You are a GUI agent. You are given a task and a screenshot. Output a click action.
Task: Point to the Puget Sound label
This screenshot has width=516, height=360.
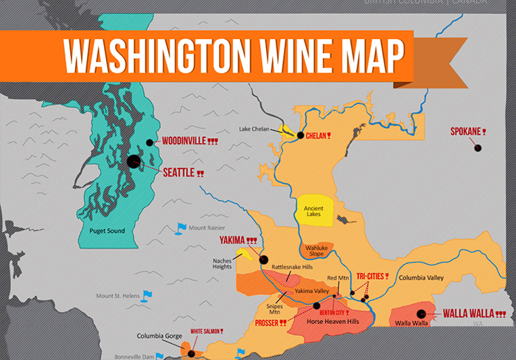coord(102,231)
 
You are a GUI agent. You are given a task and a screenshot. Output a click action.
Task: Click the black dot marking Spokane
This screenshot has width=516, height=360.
coord(477,148)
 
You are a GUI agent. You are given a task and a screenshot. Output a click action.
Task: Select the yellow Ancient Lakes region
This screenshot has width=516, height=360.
coord(315,211)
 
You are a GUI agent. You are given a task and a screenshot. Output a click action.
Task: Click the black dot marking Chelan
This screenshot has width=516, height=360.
coord(301,135)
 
